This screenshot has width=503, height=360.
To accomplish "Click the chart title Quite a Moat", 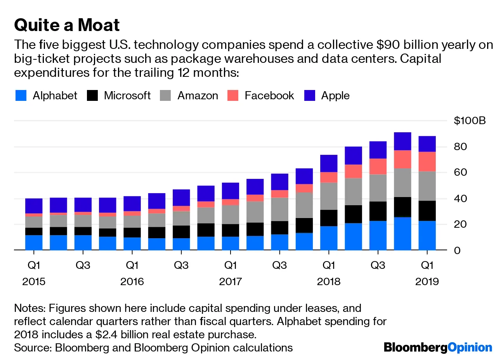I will (67, 25).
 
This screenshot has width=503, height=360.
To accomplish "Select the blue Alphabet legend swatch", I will (21, 95).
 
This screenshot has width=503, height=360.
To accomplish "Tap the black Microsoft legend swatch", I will (92, 95).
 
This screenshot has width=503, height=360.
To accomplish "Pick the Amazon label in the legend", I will (198, 95).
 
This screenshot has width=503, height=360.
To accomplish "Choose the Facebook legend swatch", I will (233, 95).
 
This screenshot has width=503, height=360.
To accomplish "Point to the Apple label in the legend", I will (335, 95).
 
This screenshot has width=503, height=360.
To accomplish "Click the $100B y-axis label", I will (470, 121).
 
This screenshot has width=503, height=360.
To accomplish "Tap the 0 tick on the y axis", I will (457, 250).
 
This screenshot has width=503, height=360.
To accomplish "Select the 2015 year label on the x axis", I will (34, 281).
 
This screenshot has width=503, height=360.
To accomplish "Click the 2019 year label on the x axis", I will (427, 281).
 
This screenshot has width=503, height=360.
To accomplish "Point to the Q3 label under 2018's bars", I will (378, 265).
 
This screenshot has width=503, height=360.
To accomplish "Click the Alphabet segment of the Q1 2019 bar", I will (427, 235).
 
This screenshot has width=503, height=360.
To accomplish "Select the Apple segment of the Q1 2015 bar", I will (34, 206).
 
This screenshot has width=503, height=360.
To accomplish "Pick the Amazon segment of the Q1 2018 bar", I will (329, 196).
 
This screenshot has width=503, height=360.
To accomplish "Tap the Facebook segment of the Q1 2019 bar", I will (427, 161).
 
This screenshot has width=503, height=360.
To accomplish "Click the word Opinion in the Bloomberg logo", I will (470, 347).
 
